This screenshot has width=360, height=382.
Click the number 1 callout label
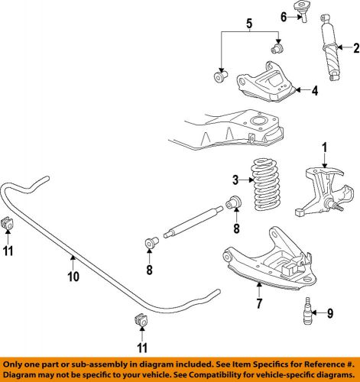click(x=323, y=147)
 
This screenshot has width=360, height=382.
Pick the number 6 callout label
click(x=283, y=17)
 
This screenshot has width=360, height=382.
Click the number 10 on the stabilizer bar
click(x=73, y=277)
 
